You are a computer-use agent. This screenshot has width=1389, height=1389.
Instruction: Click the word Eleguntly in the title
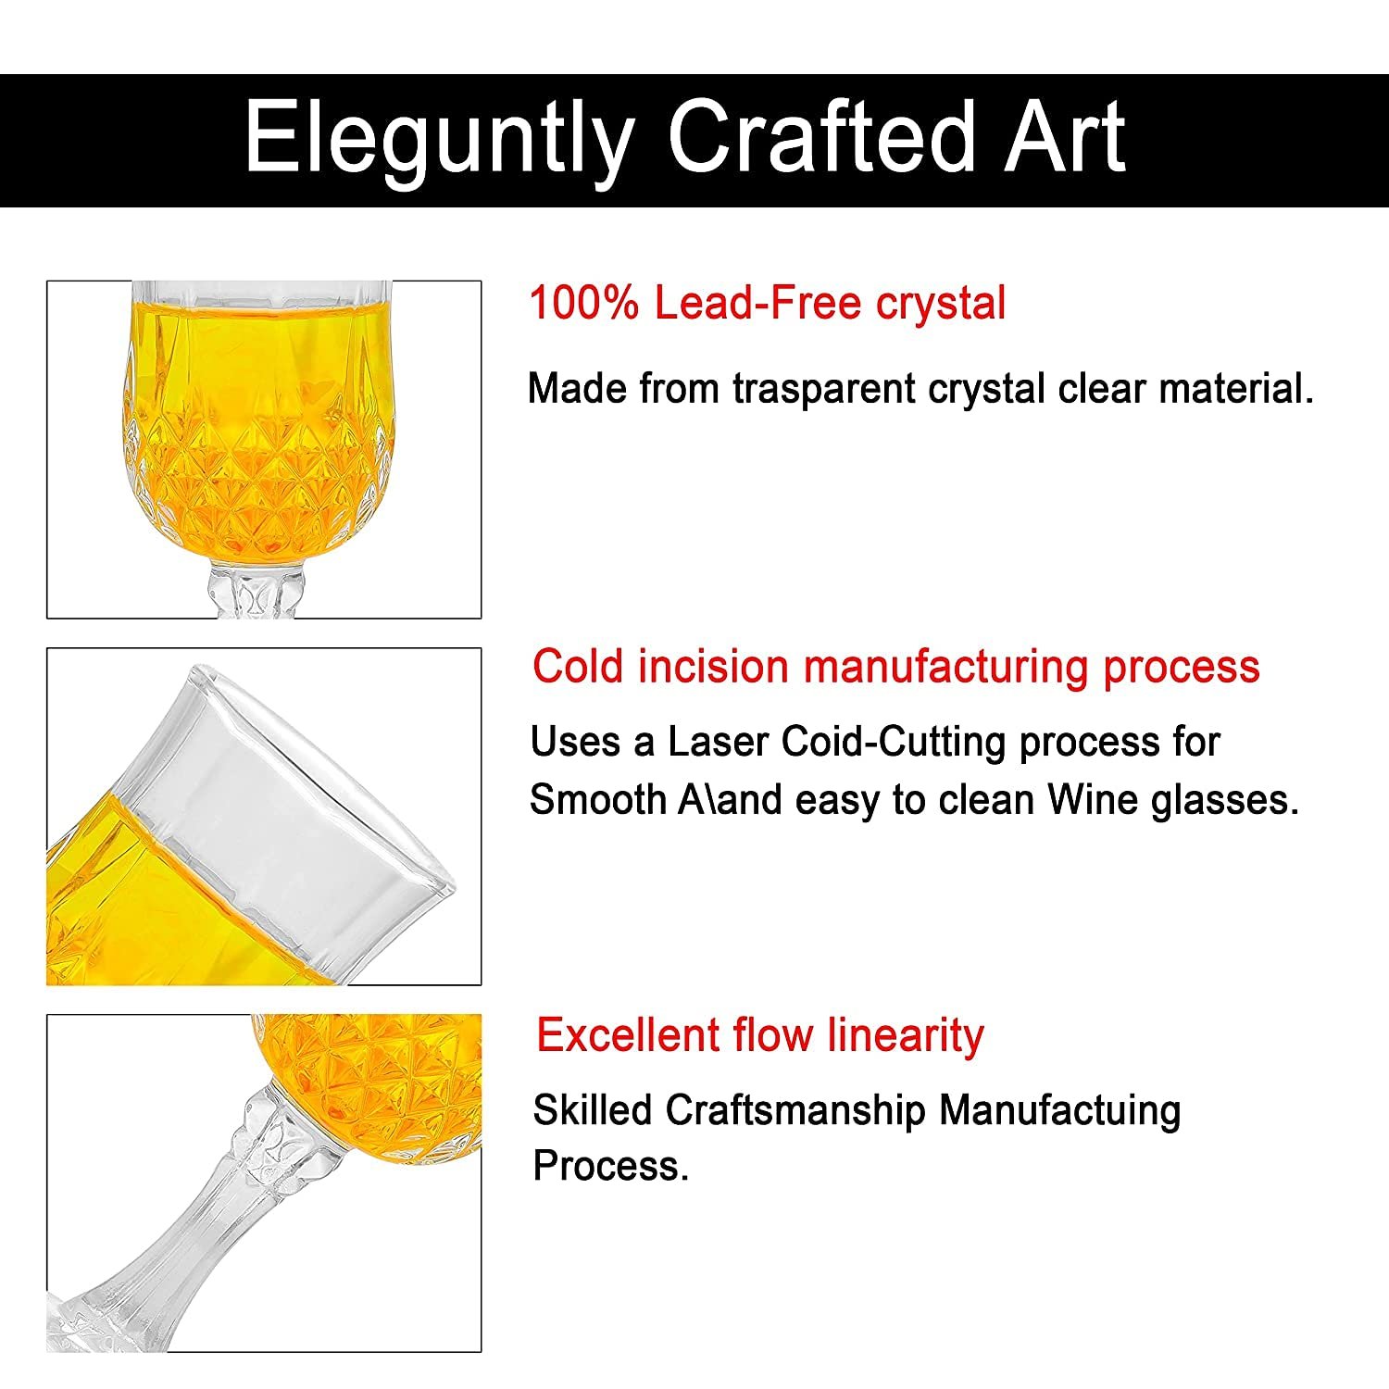click(439, 139)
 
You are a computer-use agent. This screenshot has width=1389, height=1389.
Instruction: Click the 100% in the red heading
click(583, 304)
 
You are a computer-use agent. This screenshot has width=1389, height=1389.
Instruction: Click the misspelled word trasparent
click(824, 389)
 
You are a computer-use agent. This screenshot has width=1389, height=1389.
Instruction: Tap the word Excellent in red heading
click(627, 1035)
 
